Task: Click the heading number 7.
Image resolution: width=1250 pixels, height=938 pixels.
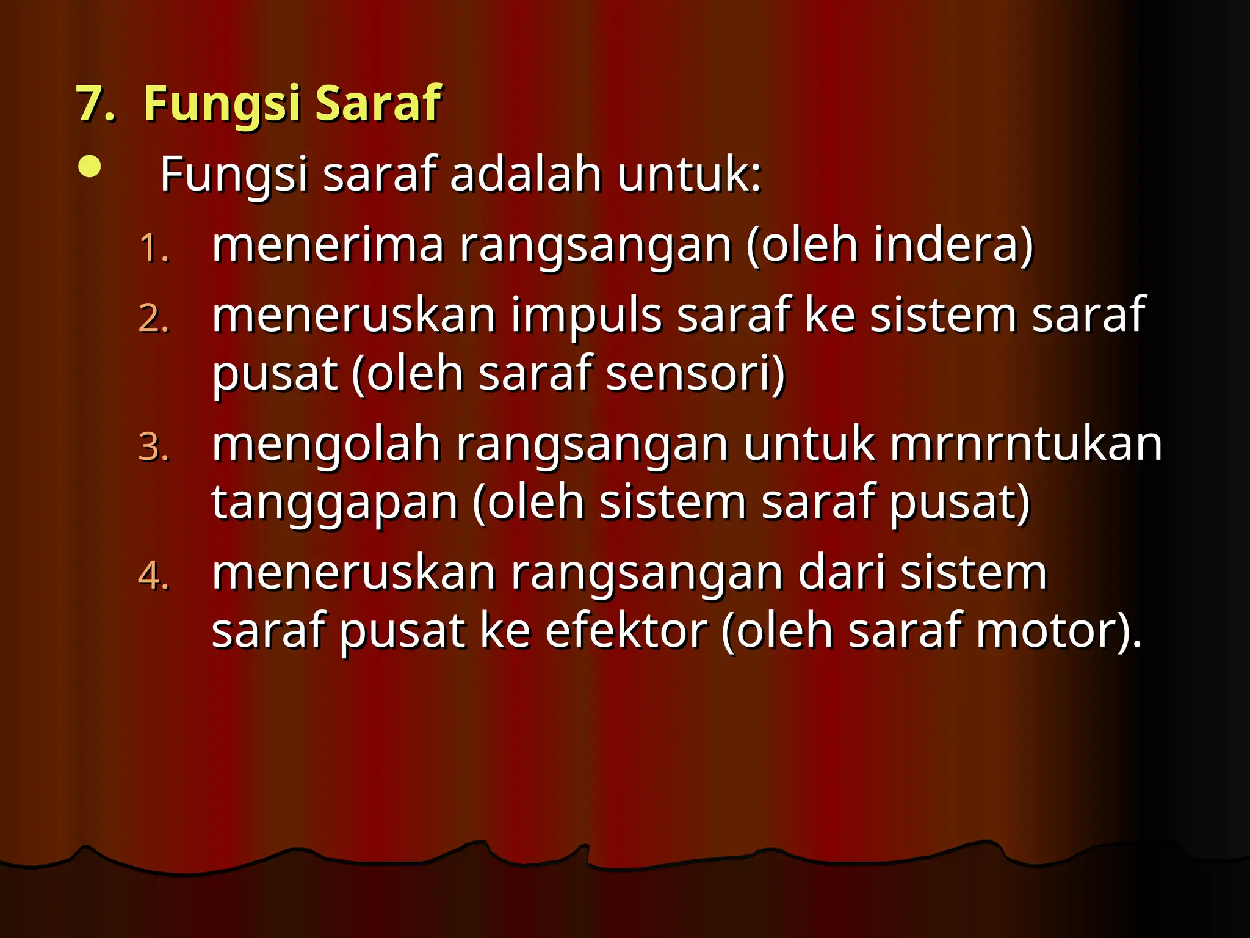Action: coord(95,104)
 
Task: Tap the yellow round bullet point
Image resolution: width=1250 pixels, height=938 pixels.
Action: coord(90,167)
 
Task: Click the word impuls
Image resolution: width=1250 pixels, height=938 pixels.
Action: coord(586,316)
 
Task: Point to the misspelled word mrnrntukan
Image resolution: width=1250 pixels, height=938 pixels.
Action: coord(1025,444)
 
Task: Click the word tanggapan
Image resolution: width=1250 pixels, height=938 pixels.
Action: coord(334,503)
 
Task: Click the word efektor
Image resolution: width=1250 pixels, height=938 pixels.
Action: coord(626,631)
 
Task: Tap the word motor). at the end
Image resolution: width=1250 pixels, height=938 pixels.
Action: coord(1059,631)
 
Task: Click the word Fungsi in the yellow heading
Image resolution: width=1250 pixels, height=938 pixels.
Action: coord(222,104)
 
